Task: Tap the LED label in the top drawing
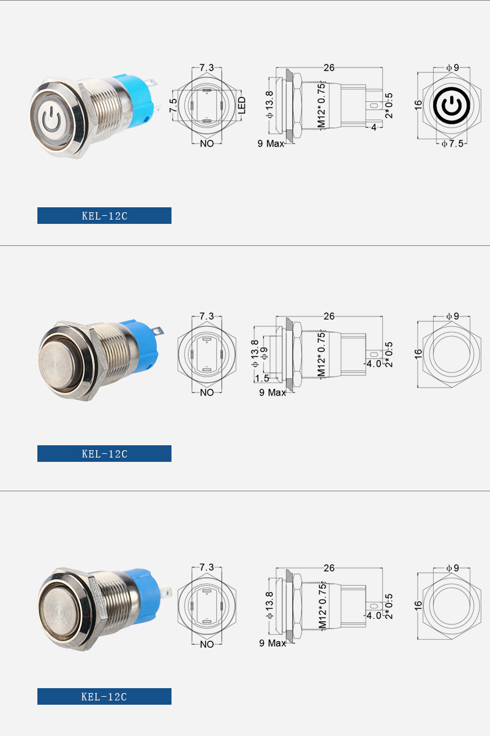(241, 105)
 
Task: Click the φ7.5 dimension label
(453, 144)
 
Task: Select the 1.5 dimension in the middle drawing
(262, 378)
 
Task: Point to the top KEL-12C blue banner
(104, 215)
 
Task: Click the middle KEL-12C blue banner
(104, 453)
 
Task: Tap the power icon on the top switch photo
(51, 120)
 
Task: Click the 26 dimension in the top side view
(329, 67)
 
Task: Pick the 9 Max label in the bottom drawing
(273, 643)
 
